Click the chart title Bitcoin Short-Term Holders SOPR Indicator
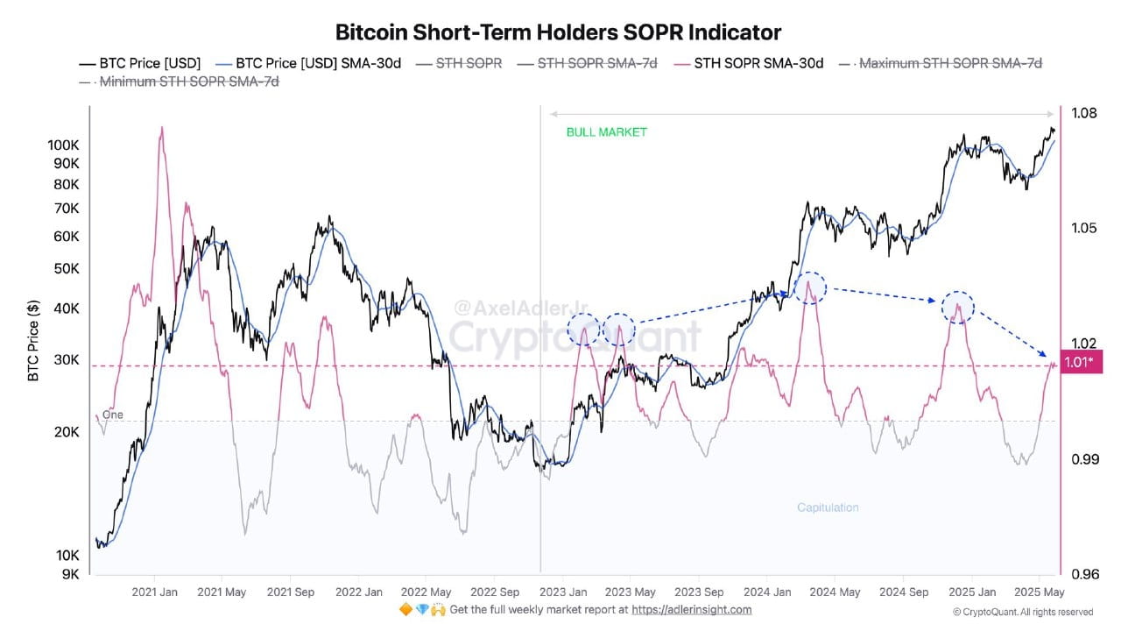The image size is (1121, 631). click(558, 32)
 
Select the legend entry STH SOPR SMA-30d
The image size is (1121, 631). click(758, 63)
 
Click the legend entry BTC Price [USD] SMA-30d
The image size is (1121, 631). click(318, 63)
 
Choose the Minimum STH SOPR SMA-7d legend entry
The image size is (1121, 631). click(189, 82)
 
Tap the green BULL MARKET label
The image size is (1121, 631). click(606, 132)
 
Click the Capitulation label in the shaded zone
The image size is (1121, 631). click(828, 507)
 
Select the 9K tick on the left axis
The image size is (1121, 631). click(72, 574)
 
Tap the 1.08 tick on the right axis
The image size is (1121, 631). click(1084, 113)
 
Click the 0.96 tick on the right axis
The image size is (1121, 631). click(1084, 575)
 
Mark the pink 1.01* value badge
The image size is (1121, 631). click(1078, 362)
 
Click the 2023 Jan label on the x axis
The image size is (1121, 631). click(564, 592)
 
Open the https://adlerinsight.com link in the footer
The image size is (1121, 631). click(691, 610)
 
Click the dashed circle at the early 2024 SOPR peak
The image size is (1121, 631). click(810, 287)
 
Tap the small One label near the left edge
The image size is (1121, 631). click(112, 415)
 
